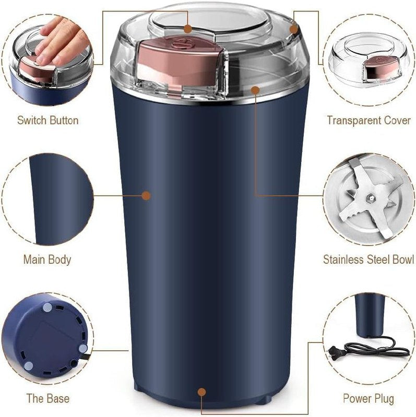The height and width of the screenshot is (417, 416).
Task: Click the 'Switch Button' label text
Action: point(47,120)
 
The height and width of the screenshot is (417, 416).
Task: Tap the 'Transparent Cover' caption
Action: point(369,120)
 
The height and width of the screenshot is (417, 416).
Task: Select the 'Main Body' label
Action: point(47,260)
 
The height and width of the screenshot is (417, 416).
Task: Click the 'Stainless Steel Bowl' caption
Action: point(369,260)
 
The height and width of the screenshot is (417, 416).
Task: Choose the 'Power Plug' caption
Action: point(369,399)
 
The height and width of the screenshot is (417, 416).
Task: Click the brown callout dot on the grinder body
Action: point(146,196)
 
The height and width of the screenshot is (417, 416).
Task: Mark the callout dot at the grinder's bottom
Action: point(202,391)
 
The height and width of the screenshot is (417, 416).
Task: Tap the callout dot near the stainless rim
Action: point(255,90)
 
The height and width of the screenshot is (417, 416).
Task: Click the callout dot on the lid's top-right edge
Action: point(294,29)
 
